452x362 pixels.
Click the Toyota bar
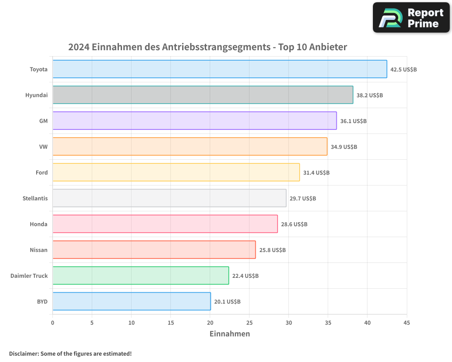[x=220, y=69]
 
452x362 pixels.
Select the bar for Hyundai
[x=203, y=95]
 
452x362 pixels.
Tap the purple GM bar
[x=194, y=121]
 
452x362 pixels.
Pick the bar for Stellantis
[x=169, y=198]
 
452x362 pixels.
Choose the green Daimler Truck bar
[x=141, y=276]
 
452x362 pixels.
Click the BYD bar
[x=132, y=301]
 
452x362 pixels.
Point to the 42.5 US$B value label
[x=404, y=70]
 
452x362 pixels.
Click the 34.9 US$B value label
[x=344, y=147]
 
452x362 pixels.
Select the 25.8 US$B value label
[x=273, y=250]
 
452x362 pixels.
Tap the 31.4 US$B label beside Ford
[x=316, y=173]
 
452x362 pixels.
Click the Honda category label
[x=38, y=224]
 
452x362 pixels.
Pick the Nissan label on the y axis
[x=38, y=250]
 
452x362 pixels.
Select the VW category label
[x=43, y=147]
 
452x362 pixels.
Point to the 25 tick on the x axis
[x=250, y=323]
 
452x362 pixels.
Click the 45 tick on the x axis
[x=407, y=323]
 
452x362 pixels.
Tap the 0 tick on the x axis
[x=53, y=323]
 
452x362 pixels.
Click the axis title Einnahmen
[x=230, y=334]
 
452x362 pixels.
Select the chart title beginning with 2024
[x=207, y=47]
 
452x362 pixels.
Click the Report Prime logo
[x=411, y=18]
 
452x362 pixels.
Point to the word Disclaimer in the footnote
[x=23, y=353]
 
